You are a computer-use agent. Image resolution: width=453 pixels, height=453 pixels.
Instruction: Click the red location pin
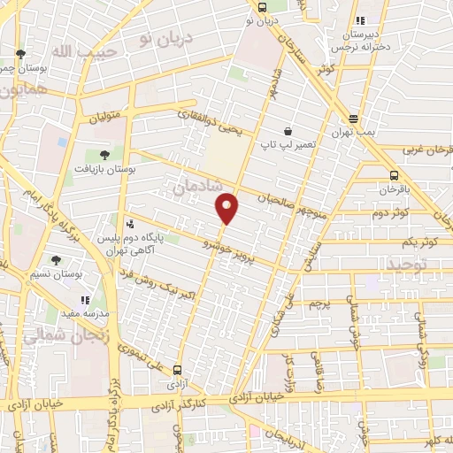[227, 208]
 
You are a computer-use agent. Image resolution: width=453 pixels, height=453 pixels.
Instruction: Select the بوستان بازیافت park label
[105, 167]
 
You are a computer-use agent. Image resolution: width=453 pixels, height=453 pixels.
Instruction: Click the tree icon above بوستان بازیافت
[105, 154]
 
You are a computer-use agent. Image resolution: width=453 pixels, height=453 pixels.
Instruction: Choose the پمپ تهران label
[354, 131]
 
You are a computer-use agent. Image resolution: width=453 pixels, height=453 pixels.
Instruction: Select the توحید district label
[405, 264]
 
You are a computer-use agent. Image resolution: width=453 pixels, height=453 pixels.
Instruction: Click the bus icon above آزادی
[178, 371]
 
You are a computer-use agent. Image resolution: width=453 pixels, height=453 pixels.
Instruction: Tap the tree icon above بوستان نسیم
[56, 260]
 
